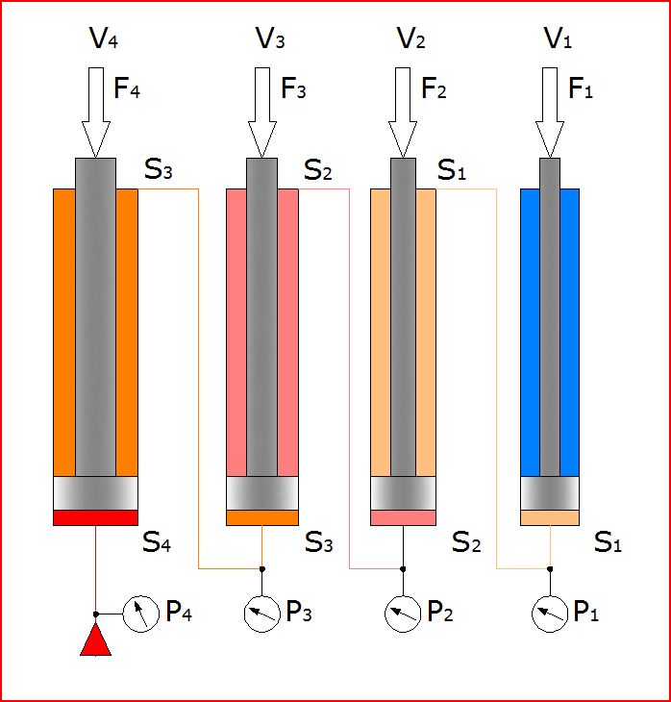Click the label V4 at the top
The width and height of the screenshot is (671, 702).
pos(103,39)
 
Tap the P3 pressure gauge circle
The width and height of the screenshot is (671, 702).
pos(261,613)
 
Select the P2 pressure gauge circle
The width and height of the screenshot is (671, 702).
pos(403,613)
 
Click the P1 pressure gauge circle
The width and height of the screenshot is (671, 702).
pos(550,613)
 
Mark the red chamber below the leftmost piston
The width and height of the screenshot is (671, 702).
pos(95,517)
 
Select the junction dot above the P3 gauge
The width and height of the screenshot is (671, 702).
pos(261,568)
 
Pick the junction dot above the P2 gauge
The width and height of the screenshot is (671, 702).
pos(403,568)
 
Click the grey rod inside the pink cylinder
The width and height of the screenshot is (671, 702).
pos(261,317)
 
